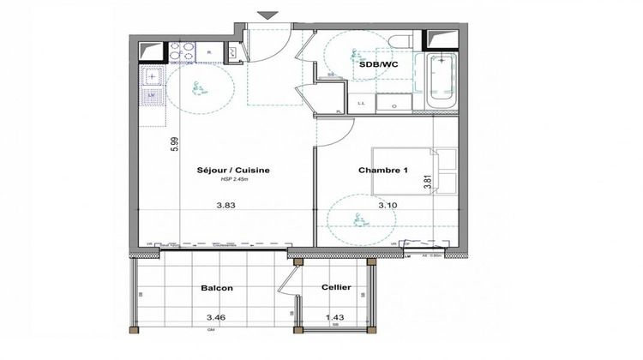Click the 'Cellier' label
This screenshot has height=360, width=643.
[x=334, y=289]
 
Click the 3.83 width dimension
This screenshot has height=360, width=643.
[x=226, y=205]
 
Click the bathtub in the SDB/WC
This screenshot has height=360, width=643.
[x=442, y=85]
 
